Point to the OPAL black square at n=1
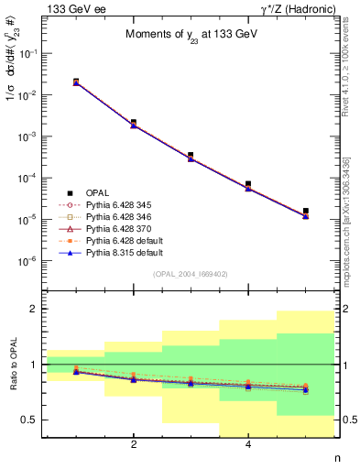76,82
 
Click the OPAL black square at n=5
306,211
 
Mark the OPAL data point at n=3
191,156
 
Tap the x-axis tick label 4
248,446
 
